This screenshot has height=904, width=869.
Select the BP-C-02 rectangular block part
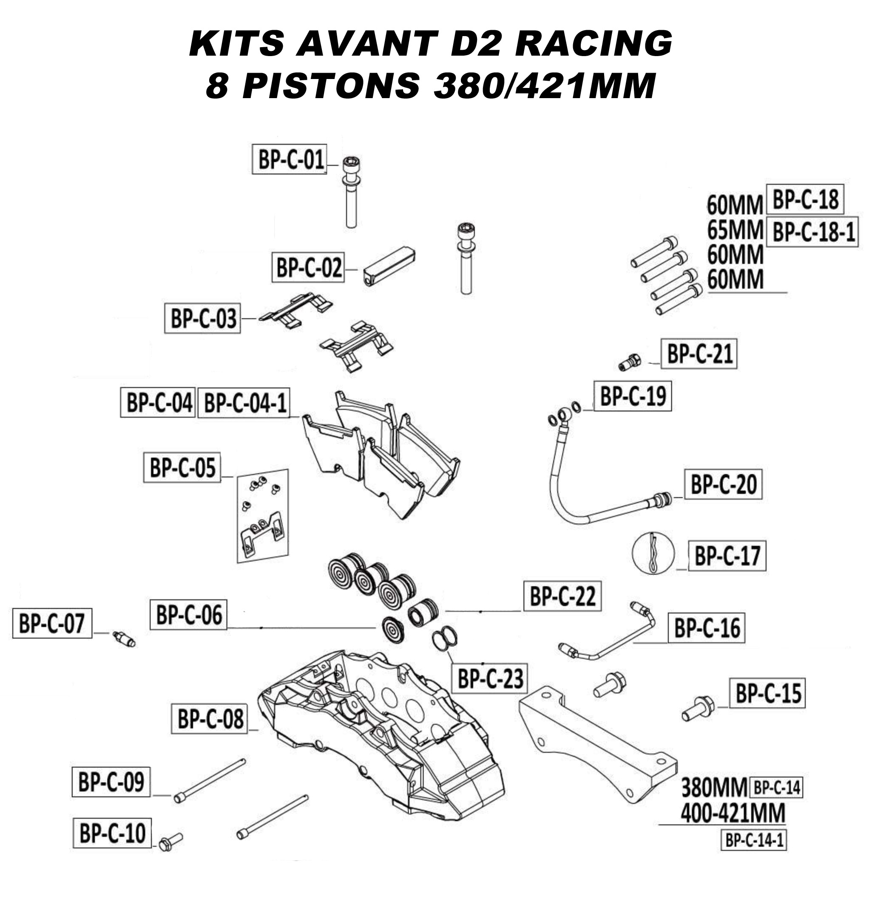(389, 267)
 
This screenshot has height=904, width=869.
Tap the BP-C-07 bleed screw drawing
(123, 639)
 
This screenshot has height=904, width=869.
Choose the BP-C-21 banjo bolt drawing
(628, 362)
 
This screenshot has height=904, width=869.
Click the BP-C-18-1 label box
(811, 232)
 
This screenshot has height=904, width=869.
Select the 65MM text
(734, 230)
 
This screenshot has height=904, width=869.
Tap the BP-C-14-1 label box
(753, 840)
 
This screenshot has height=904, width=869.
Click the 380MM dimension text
(713, 787)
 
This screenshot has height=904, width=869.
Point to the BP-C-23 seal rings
(444, 639)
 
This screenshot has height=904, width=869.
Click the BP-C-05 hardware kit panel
(262, 516)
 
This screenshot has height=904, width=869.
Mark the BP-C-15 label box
(767, 693)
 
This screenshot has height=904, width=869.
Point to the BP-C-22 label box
(562, 596)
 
